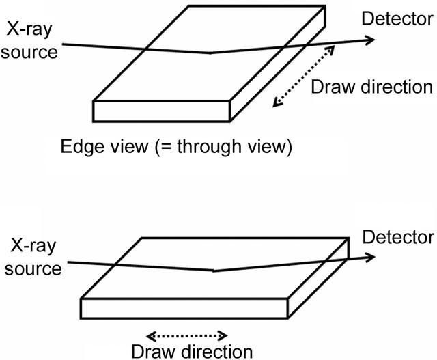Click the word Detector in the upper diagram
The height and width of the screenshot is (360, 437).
click(x=397, y=19)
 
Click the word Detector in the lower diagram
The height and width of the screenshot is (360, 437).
click(x=398, y=237)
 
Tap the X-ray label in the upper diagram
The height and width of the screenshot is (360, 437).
click(x=29, y=29)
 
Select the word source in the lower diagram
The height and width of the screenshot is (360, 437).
click(x=33, y=268)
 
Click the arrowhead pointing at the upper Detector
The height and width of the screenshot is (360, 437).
click(x=370, y=40)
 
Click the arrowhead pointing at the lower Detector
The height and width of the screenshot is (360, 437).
click(x=370, y=257)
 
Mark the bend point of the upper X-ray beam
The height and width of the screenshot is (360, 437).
click(x=210, y=53)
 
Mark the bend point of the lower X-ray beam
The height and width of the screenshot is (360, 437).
click(x=213, y=271)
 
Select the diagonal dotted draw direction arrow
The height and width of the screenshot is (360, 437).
click(x=303, y=76)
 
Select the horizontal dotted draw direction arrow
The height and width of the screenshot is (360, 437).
click(x=186, y=335)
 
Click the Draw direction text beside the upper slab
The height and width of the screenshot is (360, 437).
click(x=371, y=87)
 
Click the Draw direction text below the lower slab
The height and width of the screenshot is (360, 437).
click(x=192, y=352)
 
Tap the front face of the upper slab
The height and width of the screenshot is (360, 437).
click(x=161, y=111)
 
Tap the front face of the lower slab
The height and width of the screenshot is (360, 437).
click(x=184, y=308)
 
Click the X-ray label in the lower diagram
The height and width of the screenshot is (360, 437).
click(x=33, y=247)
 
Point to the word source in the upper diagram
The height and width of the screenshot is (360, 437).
click(x=29, y=52)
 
